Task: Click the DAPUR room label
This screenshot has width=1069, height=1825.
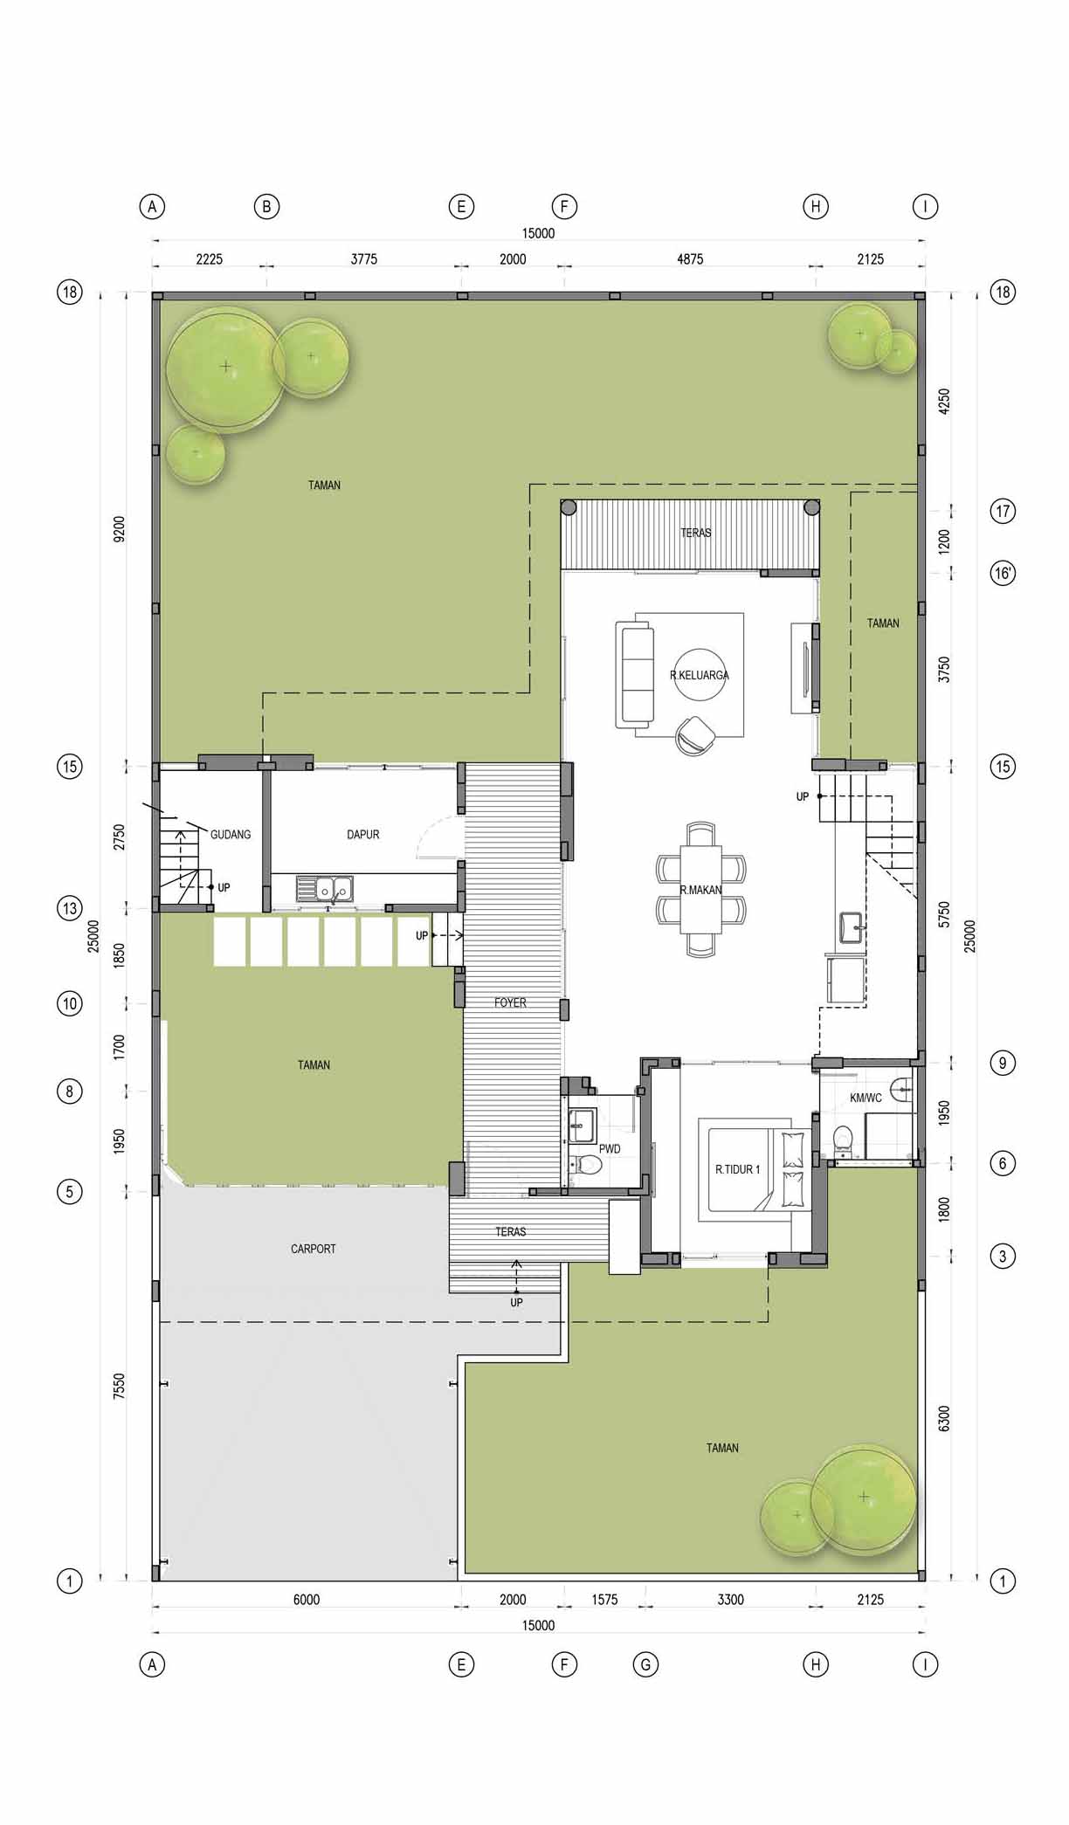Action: [362, 835]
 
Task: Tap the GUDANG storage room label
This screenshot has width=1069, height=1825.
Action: [231, 835]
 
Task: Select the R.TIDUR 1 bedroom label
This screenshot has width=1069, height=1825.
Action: [738, 1169]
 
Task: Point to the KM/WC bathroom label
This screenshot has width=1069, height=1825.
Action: [866, 1098]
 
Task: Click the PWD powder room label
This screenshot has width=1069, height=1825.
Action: [610, 1149]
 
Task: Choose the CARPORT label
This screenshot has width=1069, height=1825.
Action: [313, 1249]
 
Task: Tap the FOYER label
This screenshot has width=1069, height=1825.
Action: [510, 1002]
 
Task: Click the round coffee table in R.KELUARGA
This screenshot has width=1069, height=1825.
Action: [700, 674]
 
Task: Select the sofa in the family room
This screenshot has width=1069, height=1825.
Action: [635, 673]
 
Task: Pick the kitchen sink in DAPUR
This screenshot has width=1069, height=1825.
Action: [325, 889]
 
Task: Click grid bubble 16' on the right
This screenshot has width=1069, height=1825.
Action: [1003, 573]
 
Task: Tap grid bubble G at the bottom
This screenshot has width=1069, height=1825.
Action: [645, 1664]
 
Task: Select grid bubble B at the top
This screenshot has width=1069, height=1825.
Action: [266, 207]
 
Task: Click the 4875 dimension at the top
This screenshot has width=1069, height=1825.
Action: [690, 258]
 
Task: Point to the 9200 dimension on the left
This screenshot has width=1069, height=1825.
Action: [119, 529]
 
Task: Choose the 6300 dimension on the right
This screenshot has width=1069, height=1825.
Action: [943, 1417]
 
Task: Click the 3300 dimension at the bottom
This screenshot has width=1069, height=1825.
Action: [730, 1600]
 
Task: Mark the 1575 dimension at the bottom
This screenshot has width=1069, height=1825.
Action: [604, 1600]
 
